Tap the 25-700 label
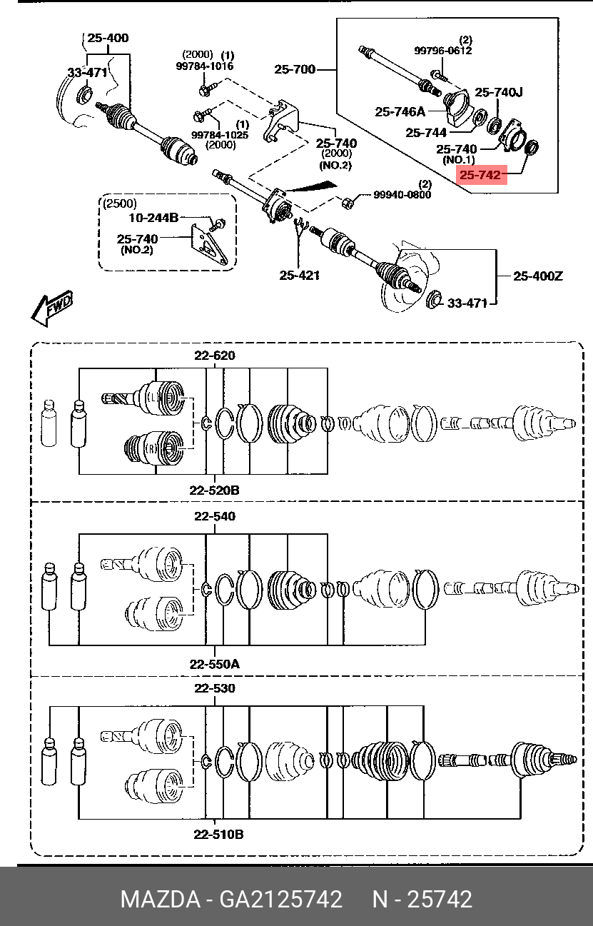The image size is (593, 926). tap(294, 69)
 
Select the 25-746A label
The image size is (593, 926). tap(400, 111)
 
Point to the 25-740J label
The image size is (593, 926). tap(499, 92)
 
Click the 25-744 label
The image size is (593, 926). tap(426, 133)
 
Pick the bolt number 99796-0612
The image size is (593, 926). tap(443, 51)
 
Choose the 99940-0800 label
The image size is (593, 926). tap(402, 194)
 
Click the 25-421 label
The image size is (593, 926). tap(300, 275)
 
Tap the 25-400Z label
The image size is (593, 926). tap(537, 276)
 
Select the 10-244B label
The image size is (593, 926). tap(153, 218)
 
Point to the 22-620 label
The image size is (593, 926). tap(215, 356)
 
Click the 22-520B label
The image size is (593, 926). tap(214, 490)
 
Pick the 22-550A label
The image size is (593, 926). tap(214, 664)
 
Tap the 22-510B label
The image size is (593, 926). tap(216, 834)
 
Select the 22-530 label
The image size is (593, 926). tap(215, 688)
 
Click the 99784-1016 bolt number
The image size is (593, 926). tap(205, 66)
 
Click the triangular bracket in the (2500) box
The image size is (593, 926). tap(211, 247)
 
